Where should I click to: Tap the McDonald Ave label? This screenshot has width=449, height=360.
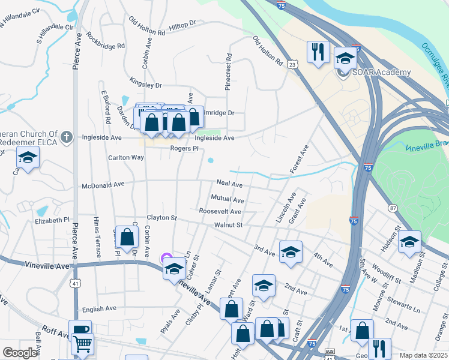103,185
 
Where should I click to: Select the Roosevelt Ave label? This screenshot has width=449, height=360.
220,211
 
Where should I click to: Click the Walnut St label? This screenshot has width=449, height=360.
228,225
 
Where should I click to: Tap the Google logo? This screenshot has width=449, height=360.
20,353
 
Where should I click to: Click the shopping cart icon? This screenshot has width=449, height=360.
82,344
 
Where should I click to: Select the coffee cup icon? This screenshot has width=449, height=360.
80,329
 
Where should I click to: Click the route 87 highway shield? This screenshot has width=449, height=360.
393,208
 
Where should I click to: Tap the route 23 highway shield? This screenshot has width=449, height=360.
292,64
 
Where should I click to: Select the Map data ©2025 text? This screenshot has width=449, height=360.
423,355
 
